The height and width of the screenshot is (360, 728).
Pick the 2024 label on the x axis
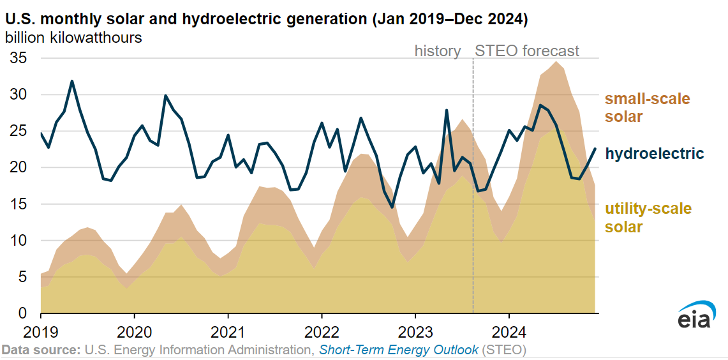click(509, 332)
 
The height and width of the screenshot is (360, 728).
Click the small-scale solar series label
click(647, 108)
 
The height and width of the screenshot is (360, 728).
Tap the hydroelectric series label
click(654, 153)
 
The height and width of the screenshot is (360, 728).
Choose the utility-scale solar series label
click(648, 218)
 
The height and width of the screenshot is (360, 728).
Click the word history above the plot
click(438, 51)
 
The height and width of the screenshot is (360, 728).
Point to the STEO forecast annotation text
click(528, 51)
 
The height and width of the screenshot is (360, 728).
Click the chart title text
click(266, 19)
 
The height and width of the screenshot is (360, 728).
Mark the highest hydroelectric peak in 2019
click(72, 81)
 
